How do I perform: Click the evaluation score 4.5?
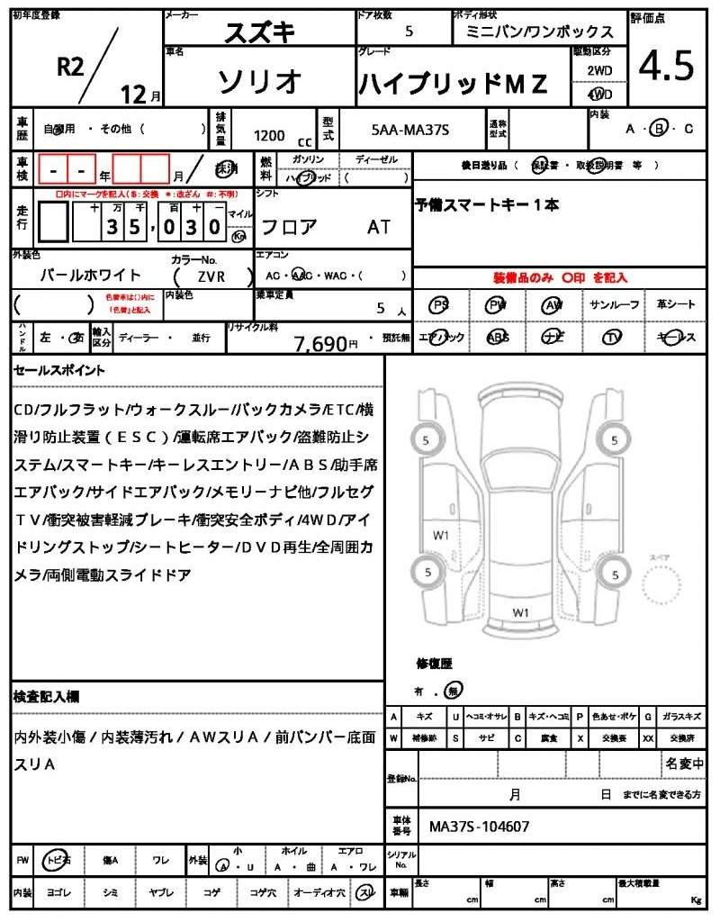click(x=666, y=67)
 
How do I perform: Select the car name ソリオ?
click(x=259, y=81)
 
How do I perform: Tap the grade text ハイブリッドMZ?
click(x=453, y=84)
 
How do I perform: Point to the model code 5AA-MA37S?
click(x=409, y=131)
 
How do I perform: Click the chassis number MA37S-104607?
click(x=479, y=826)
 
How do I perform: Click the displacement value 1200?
click(x=269, y=136)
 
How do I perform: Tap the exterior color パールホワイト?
click(x=91, y=276)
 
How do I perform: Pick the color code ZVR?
click(x=211, y=276)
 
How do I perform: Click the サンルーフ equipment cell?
click(x=614, y=306)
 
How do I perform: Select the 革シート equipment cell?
click(x=675, y=306)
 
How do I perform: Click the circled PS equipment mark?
click(x=439, y=306)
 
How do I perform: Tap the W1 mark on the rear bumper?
click(x=520, y=612)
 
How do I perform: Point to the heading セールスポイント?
click(x=59, y=370)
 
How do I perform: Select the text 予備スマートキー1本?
click(x=486, y=205)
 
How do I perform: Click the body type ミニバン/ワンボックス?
click(x=540, y=32)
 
